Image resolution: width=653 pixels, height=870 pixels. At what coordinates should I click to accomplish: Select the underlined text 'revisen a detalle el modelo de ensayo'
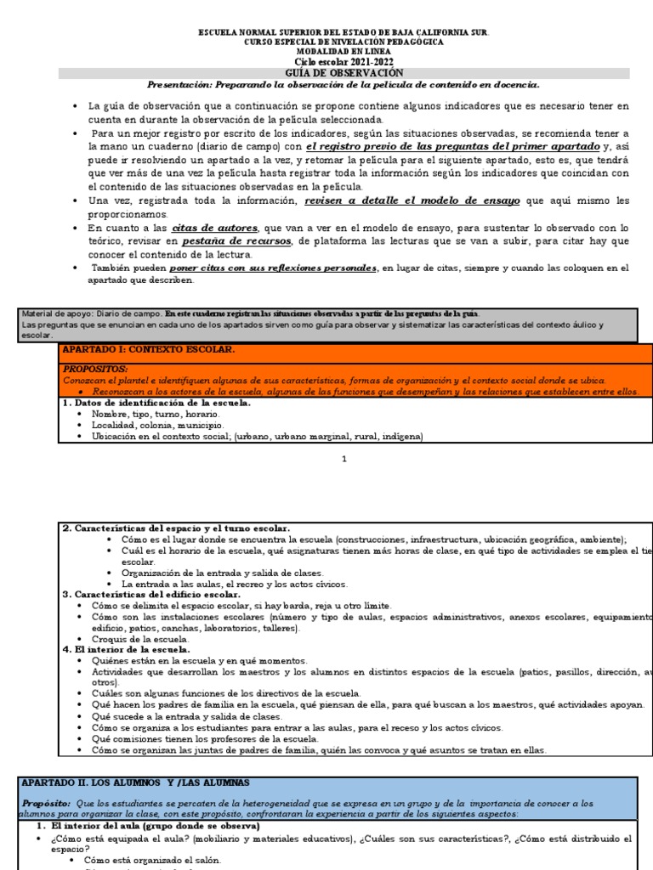click(x=413, y=201)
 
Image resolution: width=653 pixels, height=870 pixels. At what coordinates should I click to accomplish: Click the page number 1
click(x=344, y=460)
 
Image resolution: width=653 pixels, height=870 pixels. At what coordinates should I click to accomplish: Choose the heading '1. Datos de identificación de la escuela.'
click(x=156, y=403)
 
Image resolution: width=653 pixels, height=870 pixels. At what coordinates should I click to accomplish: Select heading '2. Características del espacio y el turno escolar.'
click(x=176, y=528)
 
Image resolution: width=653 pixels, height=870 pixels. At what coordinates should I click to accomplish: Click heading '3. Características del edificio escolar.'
click(x=151, y=595)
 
